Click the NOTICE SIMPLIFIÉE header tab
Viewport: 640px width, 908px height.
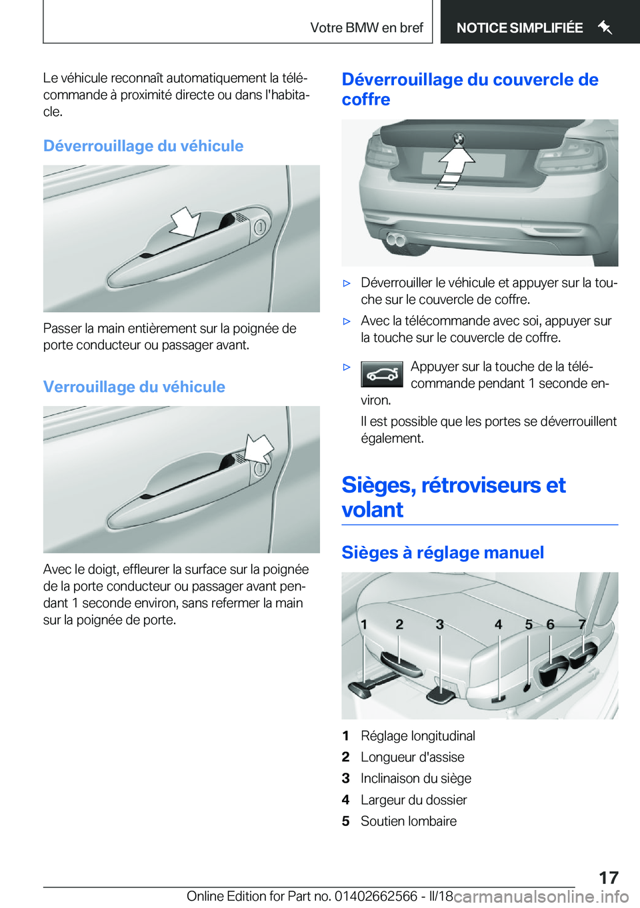coord(519,28)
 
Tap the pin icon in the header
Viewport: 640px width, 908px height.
coord(605,28)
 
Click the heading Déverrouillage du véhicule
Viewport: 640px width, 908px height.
coord(143,146)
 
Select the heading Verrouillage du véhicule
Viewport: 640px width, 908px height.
coord(134,387)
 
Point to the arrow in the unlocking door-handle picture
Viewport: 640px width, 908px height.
coord(185,221)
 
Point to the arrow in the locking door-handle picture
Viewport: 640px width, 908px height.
coord(259,448)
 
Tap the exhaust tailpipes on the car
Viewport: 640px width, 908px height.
coord(397,239)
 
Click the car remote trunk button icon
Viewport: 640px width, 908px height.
coord(382,375)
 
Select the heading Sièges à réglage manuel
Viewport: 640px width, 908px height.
coord(443,553)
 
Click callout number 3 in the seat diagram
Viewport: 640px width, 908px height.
coord(440,625)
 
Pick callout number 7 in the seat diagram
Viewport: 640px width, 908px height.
coord(582,625)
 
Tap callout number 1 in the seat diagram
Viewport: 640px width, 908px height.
coord(364,625)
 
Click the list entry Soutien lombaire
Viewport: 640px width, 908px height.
coord(409,821)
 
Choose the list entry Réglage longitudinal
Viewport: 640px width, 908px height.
coord(418,736)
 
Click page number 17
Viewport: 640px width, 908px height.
coord(608,877)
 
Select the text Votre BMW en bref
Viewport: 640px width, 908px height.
coord(367,28)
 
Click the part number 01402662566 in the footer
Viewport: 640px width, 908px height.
coord(375,896)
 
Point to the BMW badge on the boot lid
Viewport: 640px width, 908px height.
coord(458,139)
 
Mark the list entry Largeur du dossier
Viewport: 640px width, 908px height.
coord(413,800)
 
